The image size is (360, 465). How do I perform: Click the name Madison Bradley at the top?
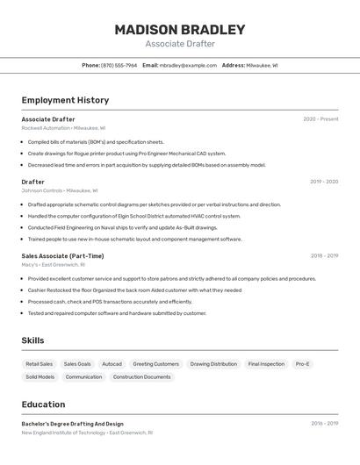179,30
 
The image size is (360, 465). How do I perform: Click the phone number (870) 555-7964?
119,65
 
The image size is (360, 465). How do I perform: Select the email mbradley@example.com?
188,65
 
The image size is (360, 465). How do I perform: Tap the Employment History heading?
65,100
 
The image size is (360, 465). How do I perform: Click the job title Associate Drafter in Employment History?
48,119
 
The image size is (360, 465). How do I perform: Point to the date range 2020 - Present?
320,119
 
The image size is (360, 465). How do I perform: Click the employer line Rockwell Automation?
63,128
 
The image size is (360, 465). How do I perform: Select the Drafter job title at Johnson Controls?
32,182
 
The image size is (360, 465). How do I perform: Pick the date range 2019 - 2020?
323,182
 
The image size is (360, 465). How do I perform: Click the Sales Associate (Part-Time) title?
62,256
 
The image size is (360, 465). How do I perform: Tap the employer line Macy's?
53,265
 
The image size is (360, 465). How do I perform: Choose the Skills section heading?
33,340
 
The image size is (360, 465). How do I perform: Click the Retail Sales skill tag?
39,364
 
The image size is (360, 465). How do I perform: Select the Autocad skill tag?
112,364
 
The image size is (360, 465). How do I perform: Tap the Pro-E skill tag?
302,364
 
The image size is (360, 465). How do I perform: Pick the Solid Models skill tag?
40,377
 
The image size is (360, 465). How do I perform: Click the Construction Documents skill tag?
141,377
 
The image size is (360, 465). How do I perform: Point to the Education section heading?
43,404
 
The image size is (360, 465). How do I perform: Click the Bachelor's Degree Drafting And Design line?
72,424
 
